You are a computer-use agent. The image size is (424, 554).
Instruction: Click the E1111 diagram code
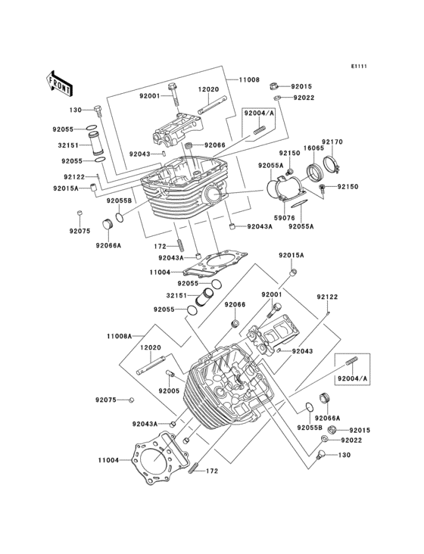click(x=359, y=66)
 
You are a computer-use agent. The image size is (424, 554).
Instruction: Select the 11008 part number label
click(x=249, y=79)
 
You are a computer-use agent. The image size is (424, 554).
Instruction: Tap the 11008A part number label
click(x=119, y=336)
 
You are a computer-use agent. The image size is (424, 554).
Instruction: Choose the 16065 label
click(x=313, y=148)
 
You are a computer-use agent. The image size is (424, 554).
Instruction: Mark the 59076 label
click(x=285, y=218)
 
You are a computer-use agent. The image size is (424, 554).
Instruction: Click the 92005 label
click(x=169, y=391)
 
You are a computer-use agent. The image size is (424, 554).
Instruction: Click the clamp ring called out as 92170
click(x=332, y=163)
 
